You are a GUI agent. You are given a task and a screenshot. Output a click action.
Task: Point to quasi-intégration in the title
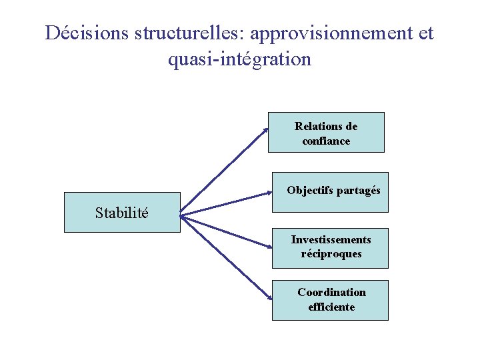239,59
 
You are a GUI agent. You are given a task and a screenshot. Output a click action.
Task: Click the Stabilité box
122,212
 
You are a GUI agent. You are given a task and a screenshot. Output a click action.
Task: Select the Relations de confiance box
326,132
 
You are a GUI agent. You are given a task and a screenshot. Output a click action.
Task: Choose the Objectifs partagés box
330,192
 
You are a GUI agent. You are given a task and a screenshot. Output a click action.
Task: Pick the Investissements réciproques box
330,248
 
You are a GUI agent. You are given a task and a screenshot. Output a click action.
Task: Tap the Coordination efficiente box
330,300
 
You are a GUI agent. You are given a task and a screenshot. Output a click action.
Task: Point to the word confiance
326,141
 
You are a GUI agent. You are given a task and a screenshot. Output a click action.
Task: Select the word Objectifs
311,190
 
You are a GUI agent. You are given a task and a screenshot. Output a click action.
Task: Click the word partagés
358,190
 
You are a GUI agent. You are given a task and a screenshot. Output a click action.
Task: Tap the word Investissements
331,239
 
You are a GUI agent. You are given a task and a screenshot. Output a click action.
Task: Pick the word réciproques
331,254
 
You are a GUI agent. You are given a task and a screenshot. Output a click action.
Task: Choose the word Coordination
331,292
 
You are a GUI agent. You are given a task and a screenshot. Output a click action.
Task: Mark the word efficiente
331,307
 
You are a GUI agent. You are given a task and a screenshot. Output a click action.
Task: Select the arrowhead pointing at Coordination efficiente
268,298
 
